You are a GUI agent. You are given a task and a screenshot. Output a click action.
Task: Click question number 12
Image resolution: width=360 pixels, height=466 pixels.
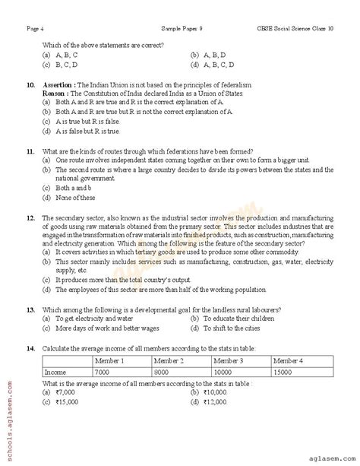tap(30, 217)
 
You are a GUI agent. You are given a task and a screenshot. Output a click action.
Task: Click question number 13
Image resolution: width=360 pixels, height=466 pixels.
tap(30, 312)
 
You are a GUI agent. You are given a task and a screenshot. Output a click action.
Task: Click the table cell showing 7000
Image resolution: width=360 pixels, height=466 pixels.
tap(103, 372)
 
